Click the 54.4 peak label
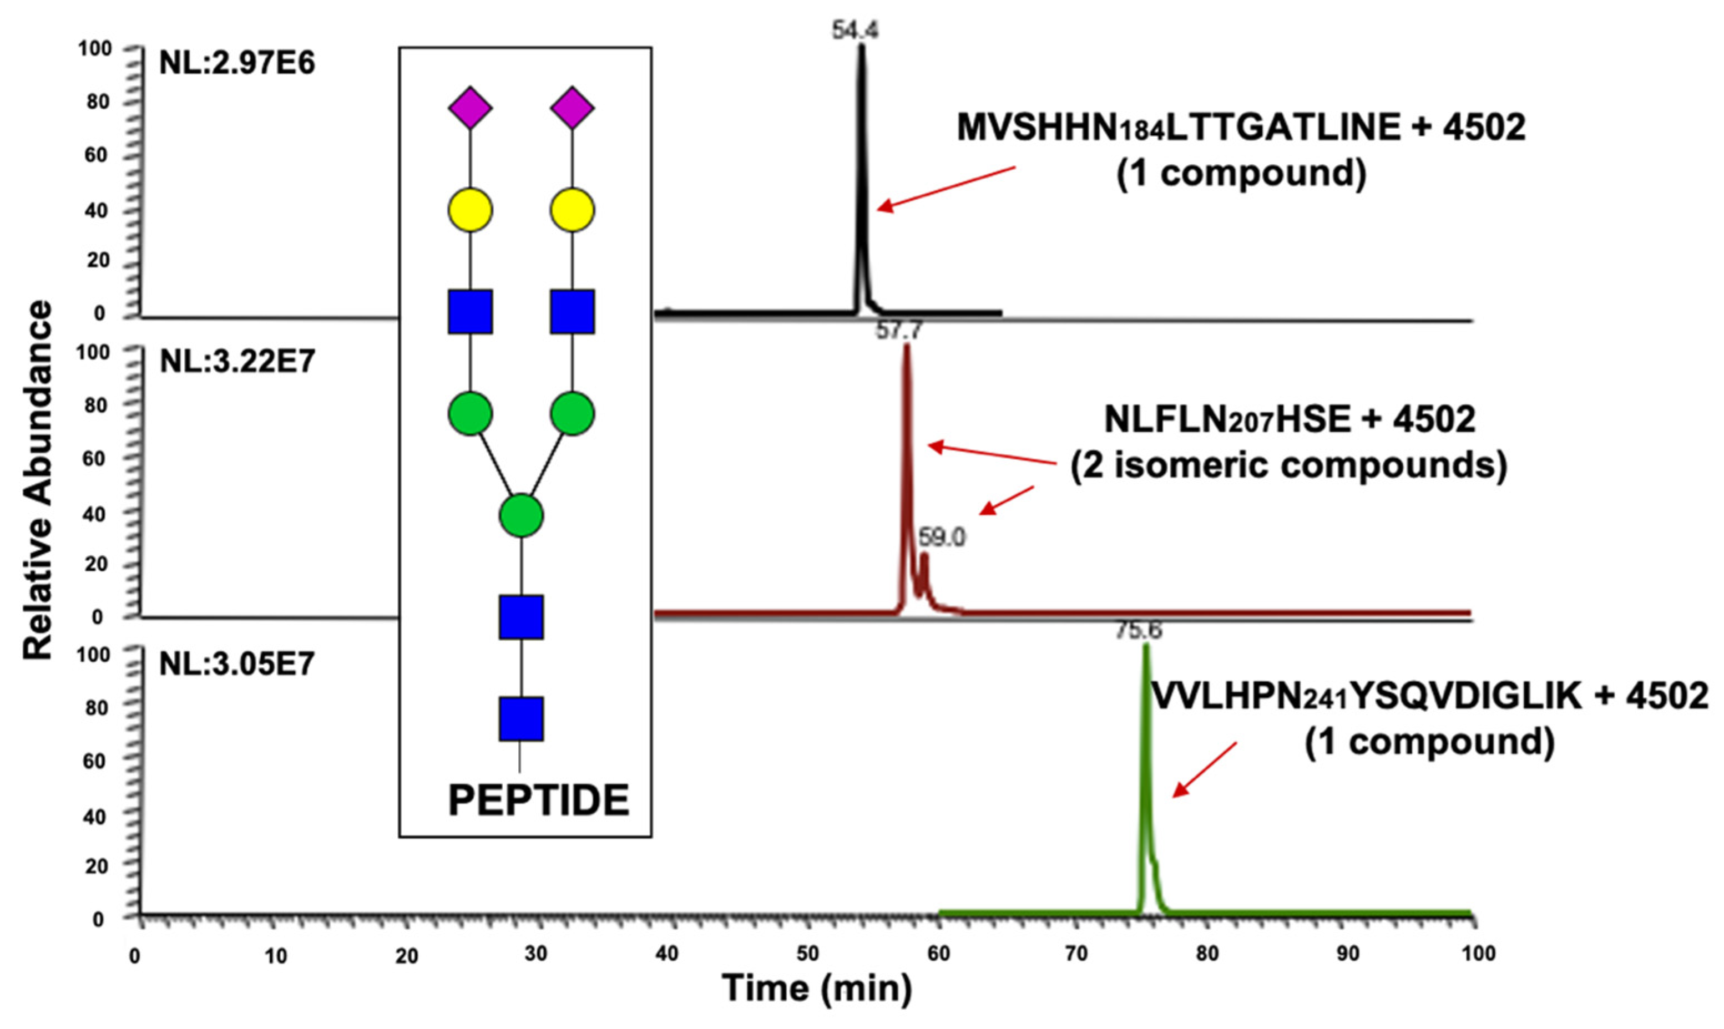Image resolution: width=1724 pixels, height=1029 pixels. pyautogui.click(x=855, y=31)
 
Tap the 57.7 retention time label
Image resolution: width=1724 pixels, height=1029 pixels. pyautogui.click(x=899, y=331)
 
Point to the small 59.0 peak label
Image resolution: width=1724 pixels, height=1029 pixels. pyautogui.click(x=942, y=537)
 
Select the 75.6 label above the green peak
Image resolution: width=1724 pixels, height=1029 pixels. pyautogui.click(x=1138, y=630)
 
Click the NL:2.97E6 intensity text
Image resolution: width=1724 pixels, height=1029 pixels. pyautogui.click(x=237, y=63)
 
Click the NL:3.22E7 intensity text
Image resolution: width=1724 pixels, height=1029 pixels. pyautogui.click(x=237, y=361)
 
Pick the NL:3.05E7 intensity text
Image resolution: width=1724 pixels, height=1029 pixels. pyautogui.click(x=237, y=665)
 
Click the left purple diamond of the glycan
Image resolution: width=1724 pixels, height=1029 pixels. pyautogui.click(x=470, y=108)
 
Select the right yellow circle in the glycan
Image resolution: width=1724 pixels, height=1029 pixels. pyautogui.click(x=572, y=210)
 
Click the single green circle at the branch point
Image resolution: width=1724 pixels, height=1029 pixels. pyautogui.click(x=522, y=516)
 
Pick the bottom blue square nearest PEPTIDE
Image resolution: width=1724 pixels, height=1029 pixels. pyautogui.click(x=522, y=719)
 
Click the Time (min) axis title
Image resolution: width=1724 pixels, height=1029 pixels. pyautogui.click(x=817, y=987)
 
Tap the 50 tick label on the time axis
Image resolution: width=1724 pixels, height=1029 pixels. pyautogui.click(x=807, y=955)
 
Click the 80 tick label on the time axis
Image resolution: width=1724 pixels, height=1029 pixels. pyautogui.click(x=1207, y=955)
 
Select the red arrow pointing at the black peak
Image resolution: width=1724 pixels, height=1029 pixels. pyautogui.click(x=946, y=188)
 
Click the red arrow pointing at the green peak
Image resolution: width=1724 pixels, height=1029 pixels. pyautogui.click(x=1204, y=770)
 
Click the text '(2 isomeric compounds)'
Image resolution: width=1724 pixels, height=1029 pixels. pyautogui.click(x=1288, y=465)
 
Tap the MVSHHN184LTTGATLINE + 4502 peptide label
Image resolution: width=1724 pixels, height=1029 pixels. pyautogui.click(x=1241, y=128)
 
